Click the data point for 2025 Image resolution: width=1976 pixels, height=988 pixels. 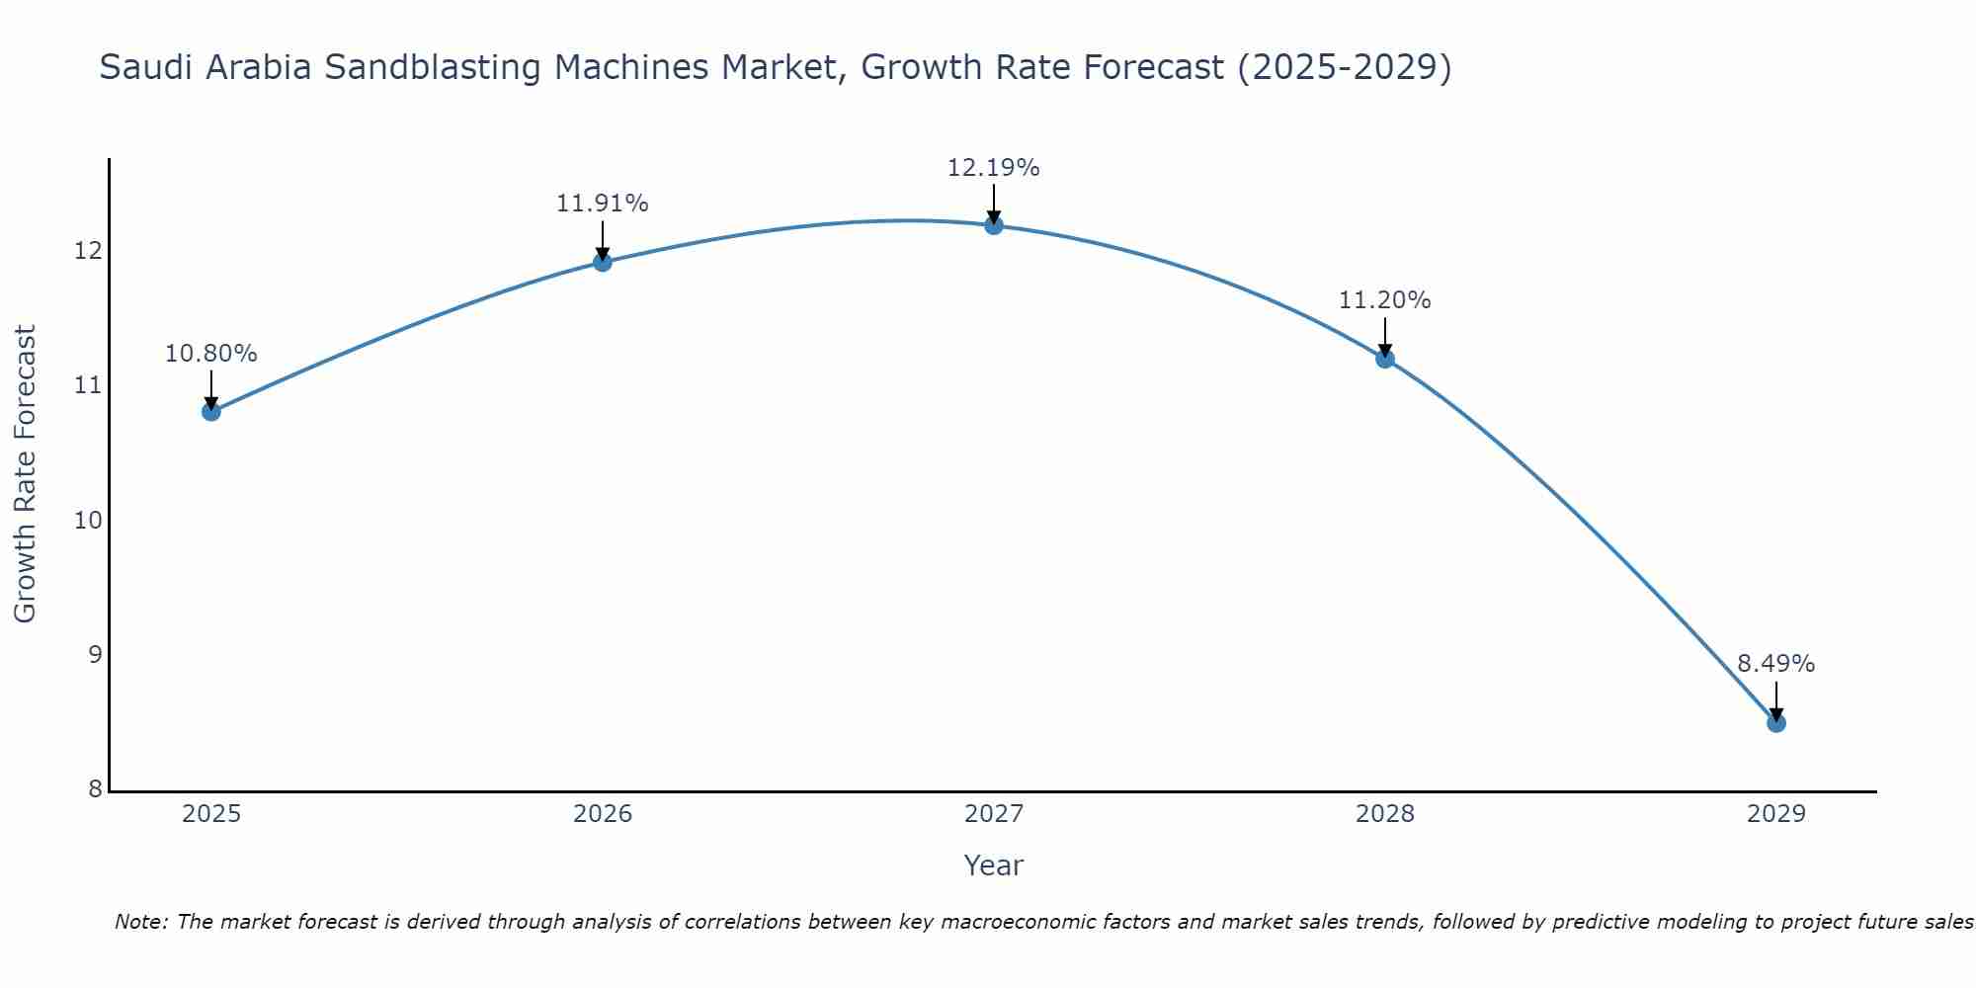[210, 411]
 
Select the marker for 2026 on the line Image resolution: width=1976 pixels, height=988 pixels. [602, 262]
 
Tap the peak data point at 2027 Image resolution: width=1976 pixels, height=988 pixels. [993, 225]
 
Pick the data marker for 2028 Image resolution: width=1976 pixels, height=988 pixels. [1384, 359]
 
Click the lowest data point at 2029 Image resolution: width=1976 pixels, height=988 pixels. [1775, 723]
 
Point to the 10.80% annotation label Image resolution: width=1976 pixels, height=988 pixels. [210, 354]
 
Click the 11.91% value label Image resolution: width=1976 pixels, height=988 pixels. [602, 204]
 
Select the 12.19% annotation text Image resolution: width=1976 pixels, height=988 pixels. [993, 168]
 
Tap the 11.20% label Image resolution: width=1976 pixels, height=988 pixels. [1384, 300]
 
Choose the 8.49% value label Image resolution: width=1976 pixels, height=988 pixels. [1775, 664]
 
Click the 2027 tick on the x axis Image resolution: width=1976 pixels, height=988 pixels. [993, 814]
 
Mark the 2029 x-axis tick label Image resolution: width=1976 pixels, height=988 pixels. [1775, 814]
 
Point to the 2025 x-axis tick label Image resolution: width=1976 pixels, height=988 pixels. [210, 814]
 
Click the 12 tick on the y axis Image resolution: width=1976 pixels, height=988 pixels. [88, 251]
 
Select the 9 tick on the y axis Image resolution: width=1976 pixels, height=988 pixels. [95, 654]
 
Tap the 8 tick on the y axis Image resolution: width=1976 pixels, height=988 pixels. [95, 788]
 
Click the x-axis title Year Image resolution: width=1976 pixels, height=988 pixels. [993, 865]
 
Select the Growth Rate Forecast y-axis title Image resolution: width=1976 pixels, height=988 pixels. [25, 474]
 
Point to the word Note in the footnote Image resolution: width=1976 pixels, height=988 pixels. [141, 922]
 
